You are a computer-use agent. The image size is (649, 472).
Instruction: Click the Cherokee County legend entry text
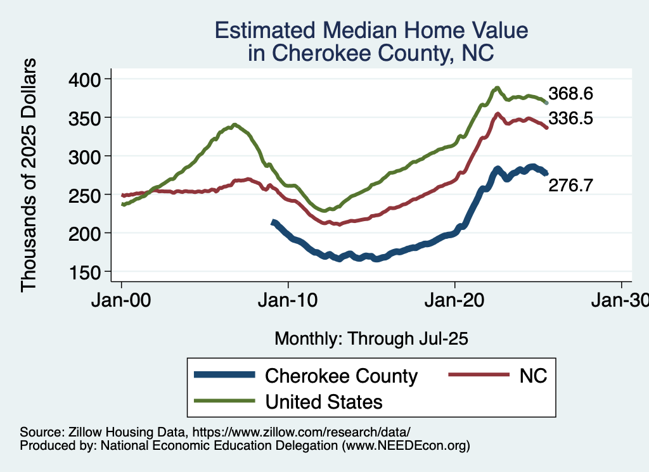341,376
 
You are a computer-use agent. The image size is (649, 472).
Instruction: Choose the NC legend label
533,376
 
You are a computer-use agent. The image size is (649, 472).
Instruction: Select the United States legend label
323,401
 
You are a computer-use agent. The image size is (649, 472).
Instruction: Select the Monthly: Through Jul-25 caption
371,339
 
